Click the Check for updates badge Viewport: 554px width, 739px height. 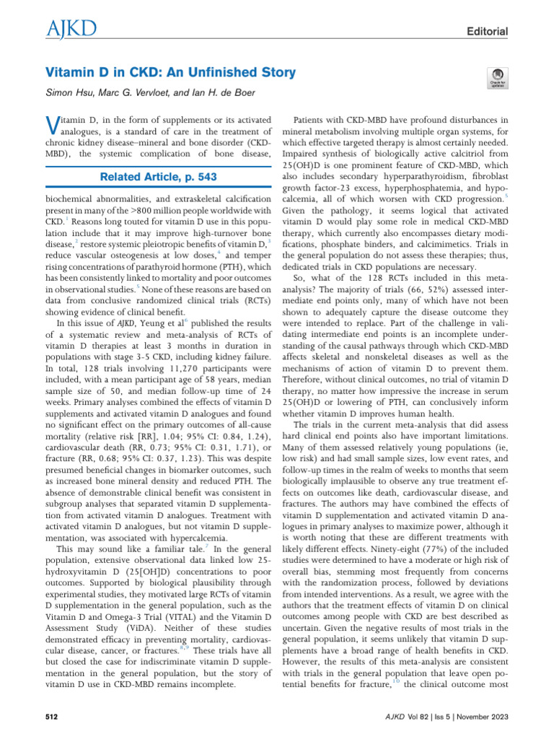(x=497, y=77)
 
